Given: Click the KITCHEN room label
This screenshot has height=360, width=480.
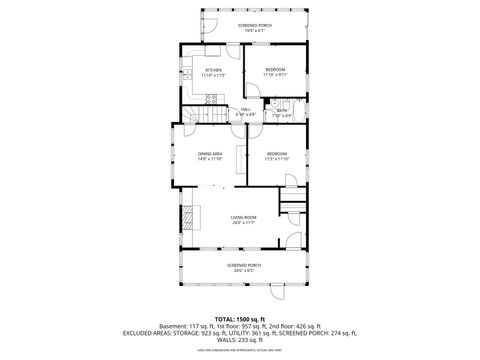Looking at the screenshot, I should click(x=213, y=70).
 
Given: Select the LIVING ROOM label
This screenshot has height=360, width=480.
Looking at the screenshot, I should click(x=244, y=217).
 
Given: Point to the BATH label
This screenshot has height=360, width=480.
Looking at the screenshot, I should click(x=283, y=111).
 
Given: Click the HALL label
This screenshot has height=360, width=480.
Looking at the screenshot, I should click(x=246, y=110).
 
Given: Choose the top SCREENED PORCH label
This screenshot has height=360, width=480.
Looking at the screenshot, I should click(x=254, y=24).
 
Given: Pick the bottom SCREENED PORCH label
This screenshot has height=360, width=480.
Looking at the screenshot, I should click(x=243, y=265).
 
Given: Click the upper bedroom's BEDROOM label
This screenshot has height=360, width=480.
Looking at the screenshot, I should click(x=276, y=70).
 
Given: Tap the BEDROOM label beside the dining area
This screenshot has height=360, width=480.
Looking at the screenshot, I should click(x=277, y=153).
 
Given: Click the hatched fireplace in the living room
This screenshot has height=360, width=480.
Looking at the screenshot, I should click(x=185, y=217).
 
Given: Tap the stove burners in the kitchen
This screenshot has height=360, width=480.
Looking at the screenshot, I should click(x=212, y=97).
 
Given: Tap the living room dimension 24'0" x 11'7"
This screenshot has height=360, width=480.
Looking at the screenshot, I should click(x=244, y=222).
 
